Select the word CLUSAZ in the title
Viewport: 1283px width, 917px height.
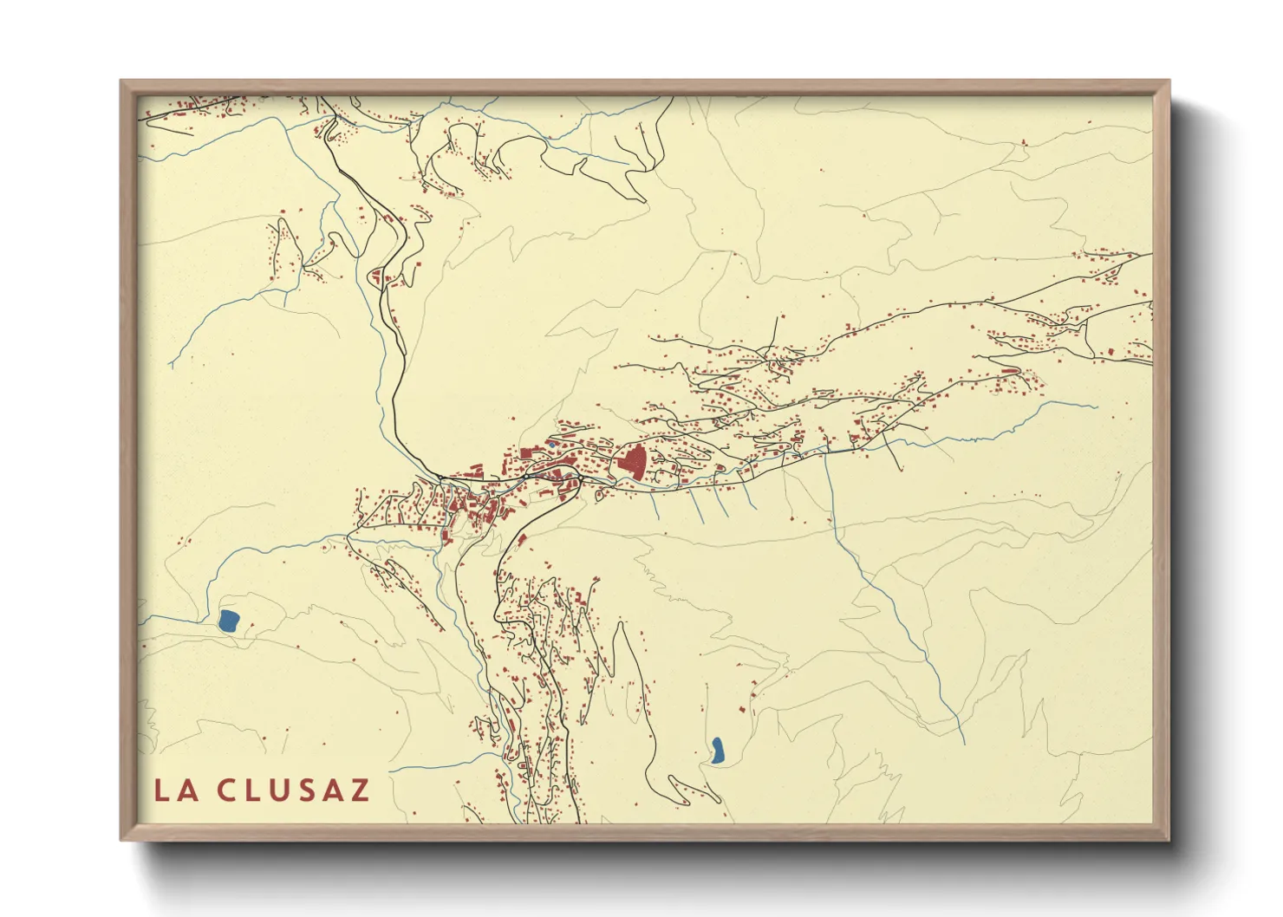294,790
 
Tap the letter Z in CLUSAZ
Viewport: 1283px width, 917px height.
359,790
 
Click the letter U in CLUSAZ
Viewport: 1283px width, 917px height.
278,790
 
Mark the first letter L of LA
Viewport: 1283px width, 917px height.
163,790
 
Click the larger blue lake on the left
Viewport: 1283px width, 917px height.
230,620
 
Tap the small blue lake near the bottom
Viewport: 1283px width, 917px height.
718,751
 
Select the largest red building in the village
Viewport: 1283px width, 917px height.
632,463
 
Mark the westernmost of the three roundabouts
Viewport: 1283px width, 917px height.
441,478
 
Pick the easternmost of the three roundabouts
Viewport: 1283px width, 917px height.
582,478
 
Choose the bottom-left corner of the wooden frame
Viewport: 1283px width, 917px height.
122,839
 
